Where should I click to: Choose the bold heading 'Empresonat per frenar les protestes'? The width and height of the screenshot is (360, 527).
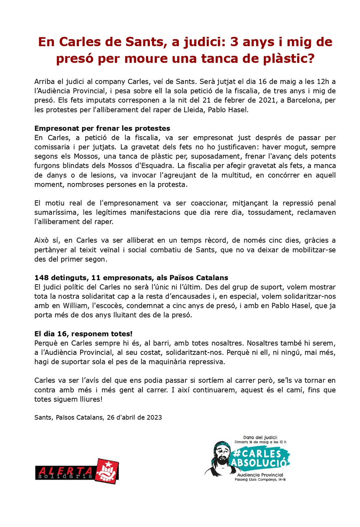pos(102,128)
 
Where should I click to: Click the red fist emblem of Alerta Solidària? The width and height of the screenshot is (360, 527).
pos(107,470)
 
